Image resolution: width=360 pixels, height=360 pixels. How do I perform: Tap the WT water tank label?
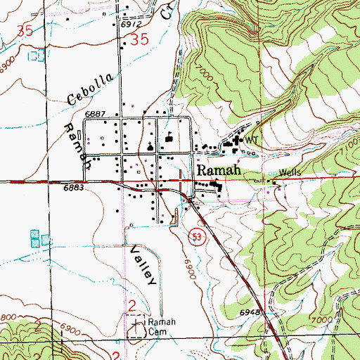tap(251, 141)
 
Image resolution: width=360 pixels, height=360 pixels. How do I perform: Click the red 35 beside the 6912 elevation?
tap(140, 41)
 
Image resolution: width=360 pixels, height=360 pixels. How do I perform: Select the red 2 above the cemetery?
tap(132, 304)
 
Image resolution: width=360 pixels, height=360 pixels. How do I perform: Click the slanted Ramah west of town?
tap(76, 141)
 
